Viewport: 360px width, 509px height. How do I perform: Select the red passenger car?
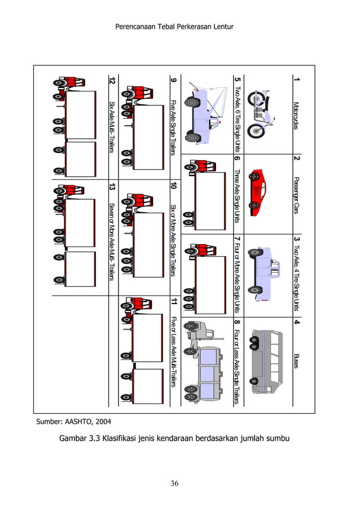click(x=257, y=192)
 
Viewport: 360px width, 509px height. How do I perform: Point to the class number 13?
click(x=112, y=186)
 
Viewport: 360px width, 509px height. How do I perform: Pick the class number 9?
click(x=173, y=80)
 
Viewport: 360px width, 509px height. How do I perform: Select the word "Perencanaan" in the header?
click(x=138, y=27)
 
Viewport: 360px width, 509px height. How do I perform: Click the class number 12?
click(x=112, y=81)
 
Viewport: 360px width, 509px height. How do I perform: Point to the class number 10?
click(x=173, y=186)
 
